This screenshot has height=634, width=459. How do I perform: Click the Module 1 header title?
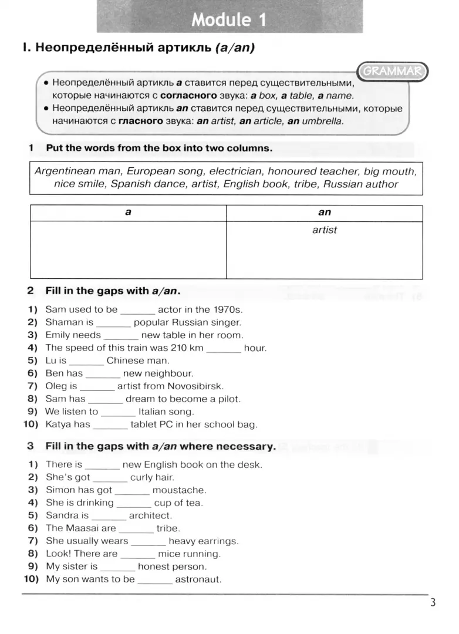229,20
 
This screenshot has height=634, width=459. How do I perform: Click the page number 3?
433,603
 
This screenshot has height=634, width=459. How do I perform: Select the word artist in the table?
325,230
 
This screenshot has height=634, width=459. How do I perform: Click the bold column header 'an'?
325,213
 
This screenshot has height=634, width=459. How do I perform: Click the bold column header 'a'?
128,213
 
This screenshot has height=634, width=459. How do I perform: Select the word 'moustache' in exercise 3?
179,490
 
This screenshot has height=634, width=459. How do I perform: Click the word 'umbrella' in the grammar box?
323,122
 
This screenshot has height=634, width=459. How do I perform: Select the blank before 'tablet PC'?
110,425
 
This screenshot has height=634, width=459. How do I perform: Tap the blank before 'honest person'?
118,567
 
